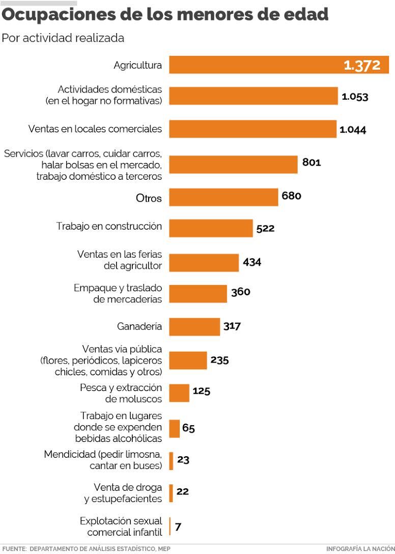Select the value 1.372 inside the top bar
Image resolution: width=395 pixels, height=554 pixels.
click(362, 66)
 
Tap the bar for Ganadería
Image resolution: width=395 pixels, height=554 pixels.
click(194, 326)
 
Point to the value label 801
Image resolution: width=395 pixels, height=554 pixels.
click(312, 162)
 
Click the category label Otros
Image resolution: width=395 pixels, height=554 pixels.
click(149, 198)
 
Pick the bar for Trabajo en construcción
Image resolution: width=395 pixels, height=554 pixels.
click(211, 228)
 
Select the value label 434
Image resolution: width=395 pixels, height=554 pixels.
click(252, 262)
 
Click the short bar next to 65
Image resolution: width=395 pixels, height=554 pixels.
click(174, 428)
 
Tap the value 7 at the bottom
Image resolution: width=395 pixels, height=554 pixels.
click(178, 527)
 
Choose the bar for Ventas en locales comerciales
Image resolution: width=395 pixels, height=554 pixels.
click(252, 129)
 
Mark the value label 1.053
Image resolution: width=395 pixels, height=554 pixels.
click(355, 97)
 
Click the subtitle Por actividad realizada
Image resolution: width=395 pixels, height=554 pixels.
click(63, 38)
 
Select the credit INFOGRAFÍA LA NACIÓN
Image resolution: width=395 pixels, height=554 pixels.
click(360, 548)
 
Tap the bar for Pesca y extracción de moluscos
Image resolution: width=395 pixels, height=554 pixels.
click(179, 393)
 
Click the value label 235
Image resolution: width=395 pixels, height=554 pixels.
click(219, 360)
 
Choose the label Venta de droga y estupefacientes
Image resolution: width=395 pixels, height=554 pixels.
click(123, 493)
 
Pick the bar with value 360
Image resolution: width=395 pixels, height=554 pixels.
click(198, 294)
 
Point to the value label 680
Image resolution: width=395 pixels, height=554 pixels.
click(291, 196)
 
